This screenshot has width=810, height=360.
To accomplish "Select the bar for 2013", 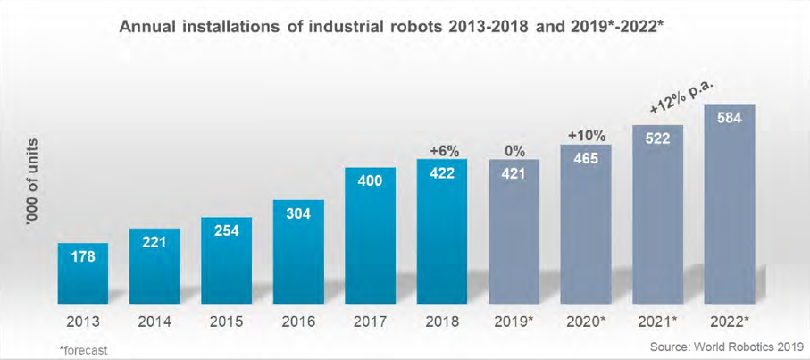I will coord(83,273).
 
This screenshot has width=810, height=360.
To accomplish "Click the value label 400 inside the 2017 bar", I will coord(370,181).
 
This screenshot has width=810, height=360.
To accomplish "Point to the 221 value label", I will coord(155,240).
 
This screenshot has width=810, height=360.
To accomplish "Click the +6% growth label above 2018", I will coord(442,149).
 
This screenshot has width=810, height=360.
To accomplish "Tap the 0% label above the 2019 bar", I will coord(514,149).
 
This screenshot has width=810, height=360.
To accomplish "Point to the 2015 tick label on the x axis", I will coord(227,321).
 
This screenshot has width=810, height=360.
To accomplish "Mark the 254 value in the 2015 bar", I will coord(227,228).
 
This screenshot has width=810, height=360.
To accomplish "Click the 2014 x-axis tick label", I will coord(155,321).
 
